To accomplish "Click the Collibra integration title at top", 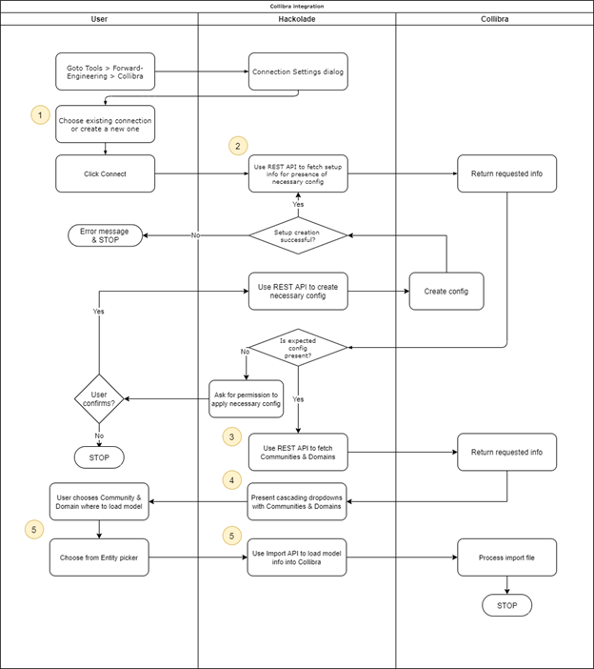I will pyautogui.click(x=297, y=6).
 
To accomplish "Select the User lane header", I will pyautogui.click(x=99, y=18).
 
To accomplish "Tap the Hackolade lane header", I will pyautogui.click(x=296, y=18).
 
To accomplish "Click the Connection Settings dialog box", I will pyautogui.click(x=298, y=71).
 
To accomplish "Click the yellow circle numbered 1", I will pyautogui.click(x=40, y=114).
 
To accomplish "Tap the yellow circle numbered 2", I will pyautogui.click(x=238, y=146).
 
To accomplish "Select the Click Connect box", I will pyautogui.click(x=105, y=173).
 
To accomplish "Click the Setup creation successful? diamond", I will pyautogui.click(x=297, y=234).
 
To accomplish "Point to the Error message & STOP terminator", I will pyautogui.click(x=105, y=234).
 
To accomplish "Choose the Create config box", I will pyautogui.click(x=446, y=291).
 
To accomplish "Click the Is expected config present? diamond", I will pyautogui.click(x=297, y=346).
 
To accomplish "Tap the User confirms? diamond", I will pyautogui.click(x=99, y=397).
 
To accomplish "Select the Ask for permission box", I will pyautogui.click(x=247, y=398).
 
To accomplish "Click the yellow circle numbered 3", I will pyautogui.click(x=231, y=436).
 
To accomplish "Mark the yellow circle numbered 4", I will pyautogui.click(x=231, y=479).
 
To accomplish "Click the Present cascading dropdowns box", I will pyautogui.click(x=297, y=502).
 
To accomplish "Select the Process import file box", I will pyautogui.click(x=506, y=557).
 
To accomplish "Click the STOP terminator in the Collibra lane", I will pyautogui.click(x=506, y=606).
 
